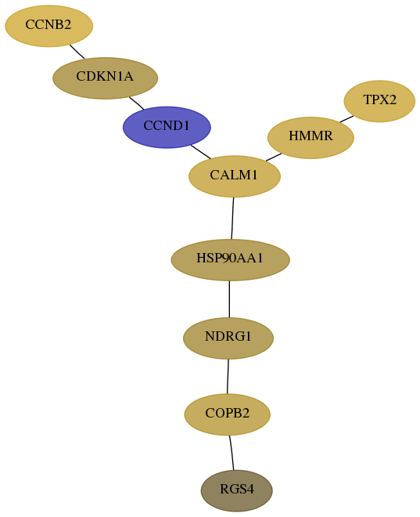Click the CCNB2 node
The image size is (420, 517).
pyautogui.click(x=48, y=26)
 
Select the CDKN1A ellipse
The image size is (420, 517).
pyautogui.click(x=106, y=78)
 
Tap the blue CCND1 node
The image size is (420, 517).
pyautogui.click(x=167, y=127)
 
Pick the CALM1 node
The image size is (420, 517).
pyautogui.click(x=235, y=176)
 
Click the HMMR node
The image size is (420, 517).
pyautogui.click(x=311, y=138)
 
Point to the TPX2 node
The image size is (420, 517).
pyautogui.click(x=379, y=101)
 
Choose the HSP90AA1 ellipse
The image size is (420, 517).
pyautogui.click(x=231, y=260)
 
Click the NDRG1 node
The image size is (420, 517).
pyautogui.click(x=228, y=338)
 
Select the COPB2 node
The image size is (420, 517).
pyautogui.click(x=227, y=414)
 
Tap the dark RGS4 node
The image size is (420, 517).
pyautogui.click(x=237, y=490)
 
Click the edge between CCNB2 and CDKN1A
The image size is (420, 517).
pyautogui.click(x=77, y=52)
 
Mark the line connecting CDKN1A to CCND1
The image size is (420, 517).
pyautogui.click(x=137, y=103)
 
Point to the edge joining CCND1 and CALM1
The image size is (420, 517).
pyautogui.click(x=201, y=152)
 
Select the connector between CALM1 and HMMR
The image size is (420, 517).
pyautogui.click(x=274, y=157)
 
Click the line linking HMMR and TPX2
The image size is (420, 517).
pyautogui.click(x=346, y=119)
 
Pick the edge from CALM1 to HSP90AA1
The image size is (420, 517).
pyautogui.click(x=232, y=219)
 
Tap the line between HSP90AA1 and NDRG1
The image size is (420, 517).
pyautogui.click(x=229, y=299)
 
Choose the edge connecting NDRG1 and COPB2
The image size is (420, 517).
pyautogui.click(x=228, y=377)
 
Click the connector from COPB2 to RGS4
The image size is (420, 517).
pyautogui.click(x=232, y=453)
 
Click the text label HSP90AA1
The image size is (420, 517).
pyautogui.click(x=230, y=258)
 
